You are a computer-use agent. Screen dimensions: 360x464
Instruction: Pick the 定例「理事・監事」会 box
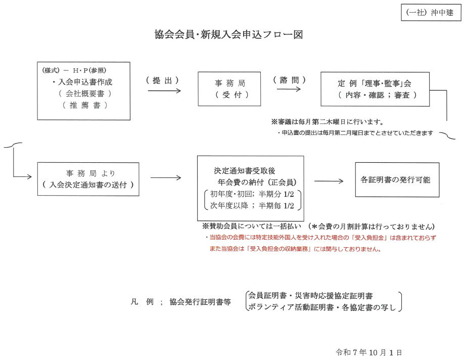[x=377, y=88]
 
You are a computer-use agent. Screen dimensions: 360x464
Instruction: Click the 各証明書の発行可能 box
[x=396, y=179]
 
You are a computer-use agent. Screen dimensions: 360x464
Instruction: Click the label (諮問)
[x=289, y=80]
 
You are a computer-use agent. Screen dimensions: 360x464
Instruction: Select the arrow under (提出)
[x=164, y=91]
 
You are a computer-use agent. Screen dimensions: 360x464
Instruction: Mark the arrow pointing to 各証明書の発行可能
[x=329, y=181]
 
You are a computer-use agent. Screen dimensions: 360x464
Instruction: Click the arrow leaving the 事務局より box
[x=165, y=178]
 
